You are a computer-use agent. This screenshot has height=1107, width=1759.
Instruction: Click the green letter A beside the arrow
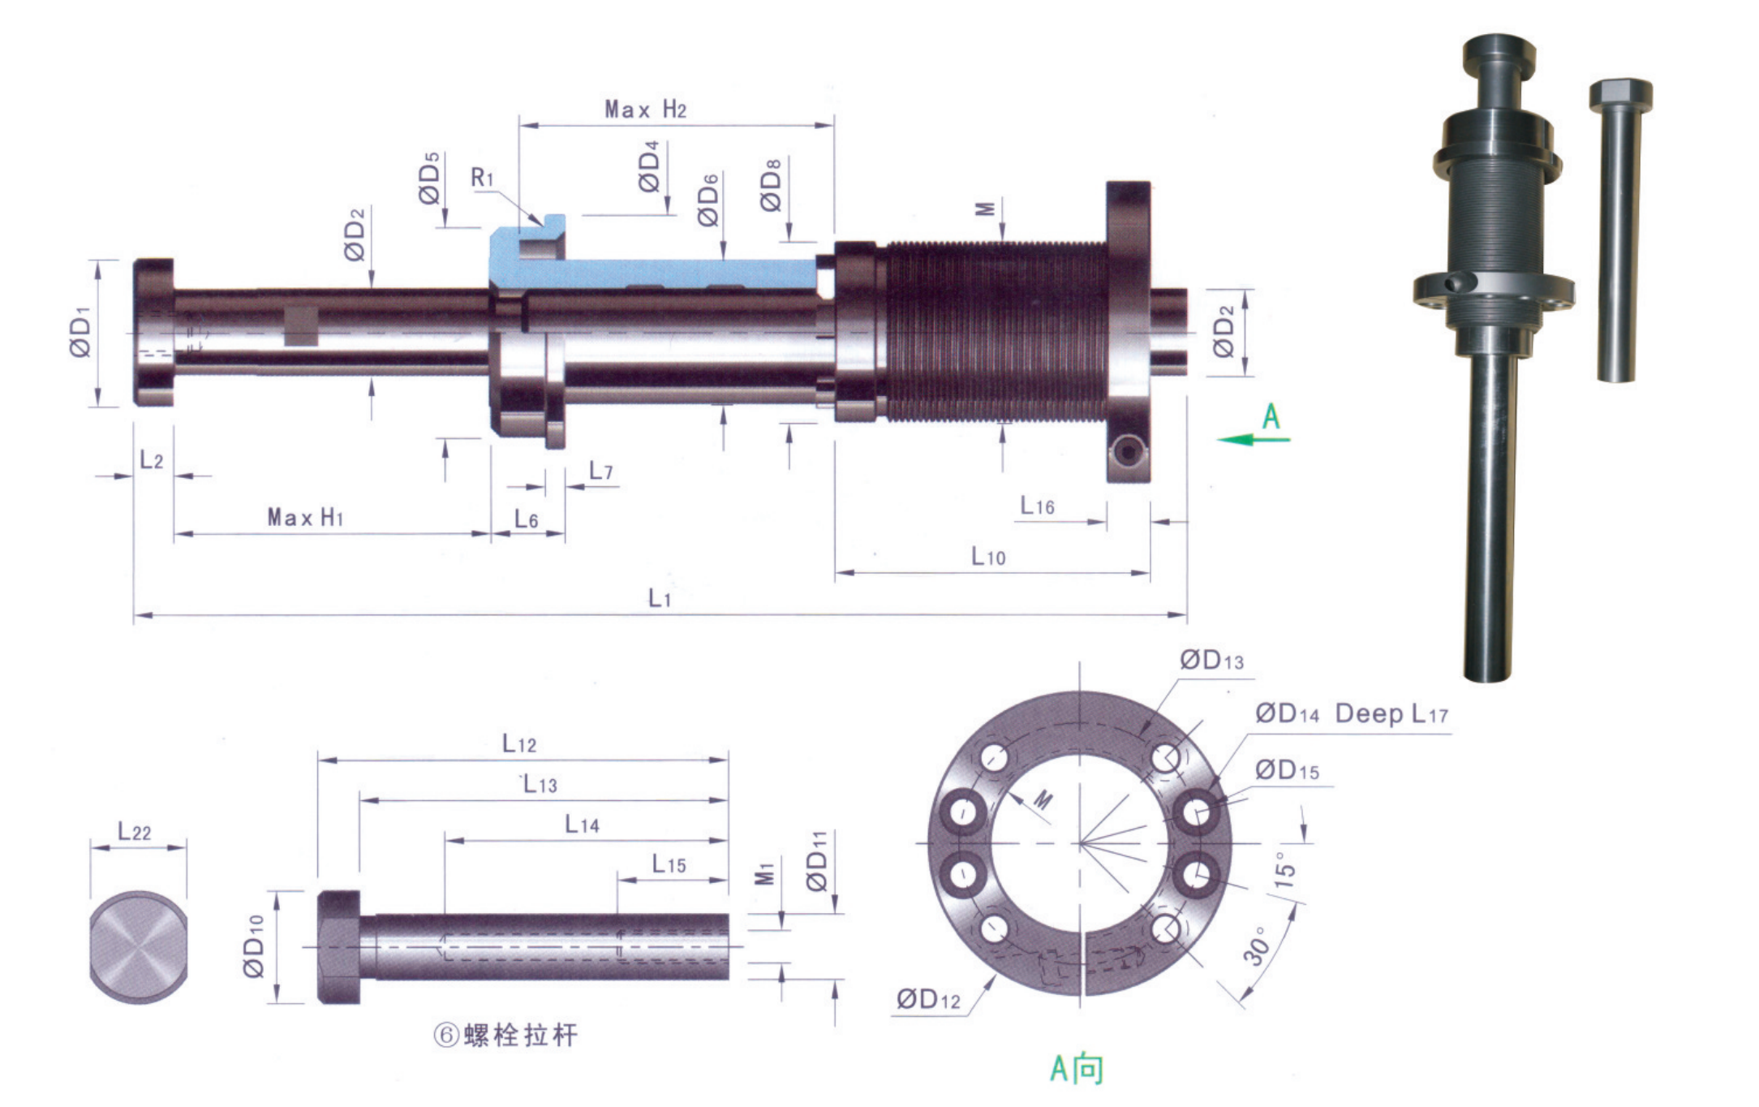click(1271, 417)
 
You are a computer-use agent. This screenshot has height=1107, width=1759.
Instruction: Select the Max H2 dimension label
click(645, 110)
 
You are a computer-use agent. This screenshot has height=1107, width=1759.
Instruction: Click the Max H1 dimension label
click(305, 517)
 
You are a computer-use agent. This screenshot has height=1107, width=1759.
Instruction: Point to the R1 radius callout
click(482, 177)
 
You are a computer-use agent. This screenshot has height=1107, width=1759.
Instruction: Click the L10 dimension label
click(988, 556)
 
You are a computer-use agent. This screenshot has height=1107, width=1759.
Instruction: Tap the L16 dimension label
click(1037, 506)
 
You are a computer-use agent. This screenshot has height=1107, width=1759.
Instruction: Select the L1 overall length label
click(660, 599)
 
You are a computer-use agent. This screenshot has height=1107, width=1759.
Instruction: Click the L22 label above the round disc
click(134, 832)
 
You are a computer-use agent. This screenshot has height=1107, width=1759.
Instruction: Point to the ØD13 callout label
click(1211, 661)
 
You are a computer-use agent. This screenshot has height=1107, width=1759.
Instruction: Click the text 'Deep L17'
click(1391, 714)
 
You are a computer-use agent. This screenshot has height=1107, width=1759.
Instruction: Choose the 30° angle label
click(1256, 946)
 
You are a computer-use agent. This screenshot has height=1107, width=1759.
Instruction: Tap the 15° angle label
click(1284, 869)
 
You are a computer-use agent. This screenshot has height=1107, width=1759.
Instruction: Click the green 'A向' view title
click(1077, 1069)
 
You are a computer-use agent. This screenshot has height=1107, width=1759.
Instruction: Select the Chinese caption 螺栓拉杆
click(520, 1036)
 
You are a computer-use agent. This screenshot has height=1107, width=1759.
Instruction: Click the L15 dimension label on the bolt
click(669, 864)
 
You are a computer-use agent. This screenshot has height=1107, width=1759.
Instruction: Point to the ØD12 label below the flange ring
click(928, 1000)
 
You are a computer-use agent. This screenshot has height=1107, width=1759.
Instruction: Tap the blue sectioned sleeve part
click(649, 274)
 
